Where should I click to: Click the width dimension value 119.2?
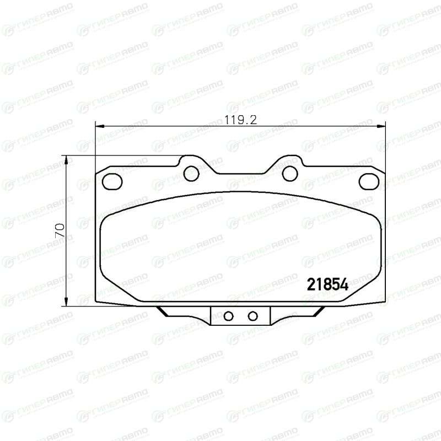241,120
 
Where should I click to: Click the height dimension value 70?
60,230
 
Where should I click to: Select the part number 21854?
327,284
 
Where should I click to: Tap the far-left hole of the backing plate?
112,181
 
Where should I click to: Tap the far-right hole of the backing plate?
369,181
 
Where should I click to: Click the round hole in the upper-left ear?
191,173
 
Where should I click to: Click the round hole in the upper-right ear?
290,173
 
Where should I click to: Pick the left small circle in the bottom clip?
228,316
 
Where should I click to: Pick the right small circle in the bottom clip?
253,316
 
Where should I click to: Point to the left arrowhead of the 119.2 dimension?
100,126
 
